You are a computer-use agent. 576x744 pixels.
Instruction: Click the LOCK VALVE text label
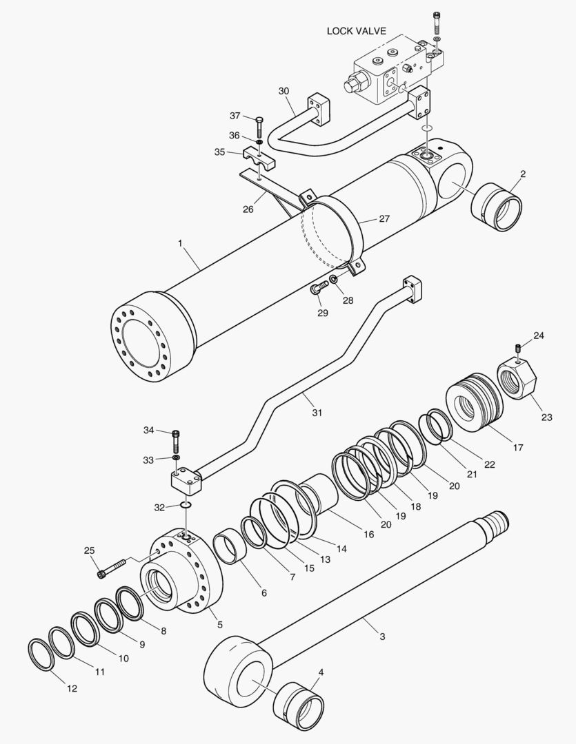coord(357,31)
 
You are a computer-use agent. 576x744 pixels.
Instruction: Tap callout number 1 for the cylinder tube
coord(180,243)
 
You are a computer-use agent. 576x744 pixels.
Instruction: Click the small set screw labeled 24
coord(519,348)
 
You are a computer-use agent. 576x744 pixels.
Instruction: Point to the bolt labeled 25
coord(112,568)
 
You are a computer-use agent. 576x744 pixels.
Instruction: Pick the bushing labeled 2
coord(497,207)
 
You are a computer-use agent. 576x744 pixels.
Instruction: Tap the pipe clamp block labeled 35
coord(259,158)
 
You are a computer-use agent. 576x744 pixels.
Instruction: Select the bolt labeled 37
coord(259,126)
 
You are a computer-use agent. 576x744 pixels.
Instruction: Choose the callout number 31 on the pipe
coord(317,413)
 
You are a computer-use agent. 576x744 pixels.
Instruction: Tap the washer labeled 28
coord(334,279)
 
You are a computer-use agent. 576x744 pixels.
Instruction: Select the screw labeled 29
coord(319,287)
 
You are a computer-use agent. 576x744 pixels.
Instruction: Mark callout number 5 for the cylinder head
coord(220,624)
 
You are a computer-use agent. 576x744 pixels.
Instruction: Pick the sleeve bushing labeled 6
coord(230,547)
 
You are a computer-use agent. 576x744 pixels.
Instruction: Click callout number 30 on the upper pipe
coord(284,91)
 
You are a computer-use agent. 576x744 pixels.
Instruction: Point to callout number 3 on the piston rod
coord(382,637)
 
